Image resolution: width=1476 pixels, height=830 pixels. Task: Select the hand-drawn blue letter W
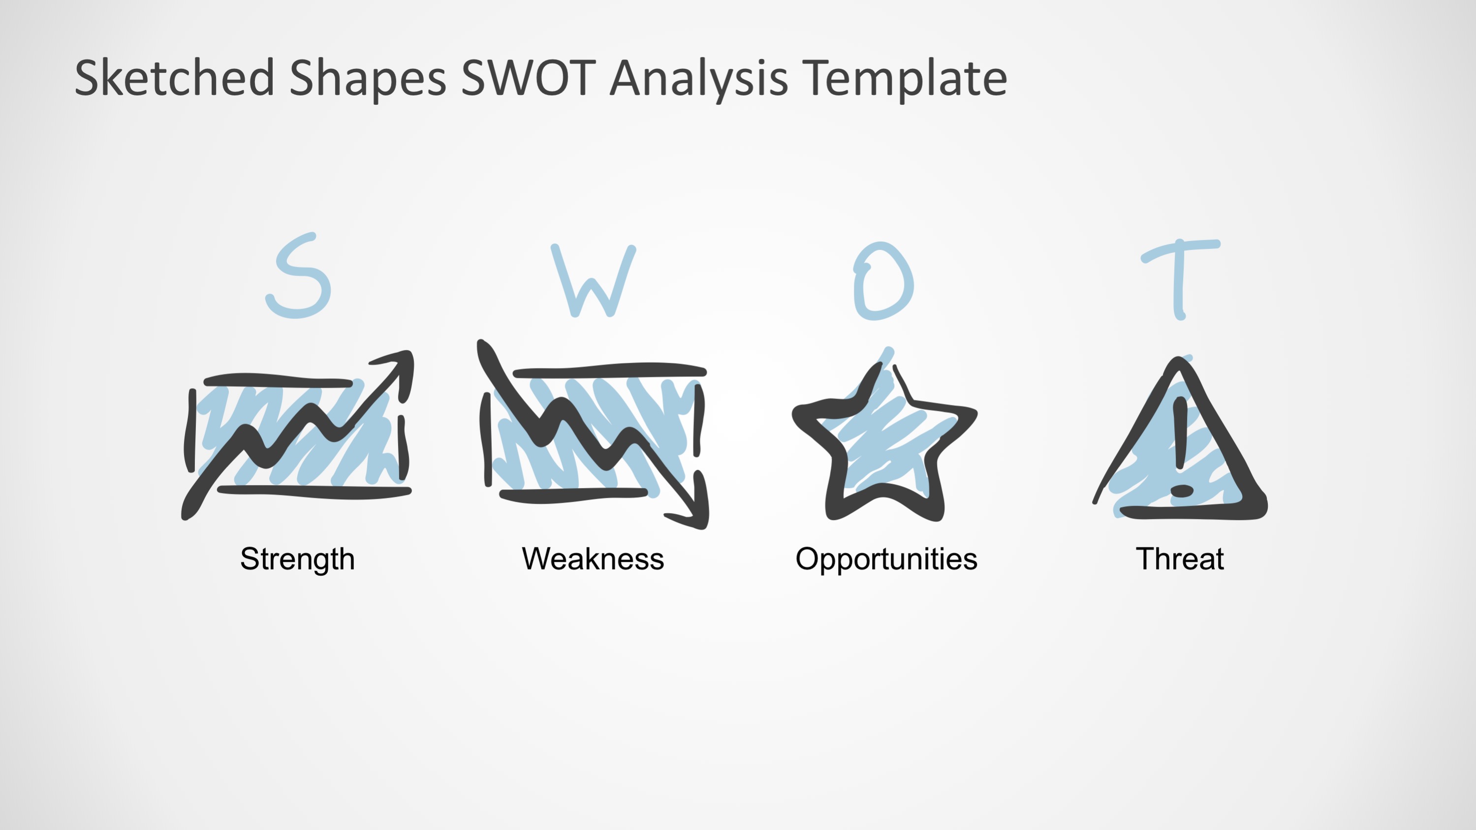click(594, 280)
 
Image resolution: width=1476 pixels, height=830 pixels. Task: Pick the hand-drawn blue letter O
click(883, 280)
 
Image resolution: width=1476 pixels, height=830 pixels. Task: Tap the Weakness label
click(593, 558)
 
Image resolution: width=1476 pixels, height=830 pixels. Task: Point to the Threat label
click(1180, 558)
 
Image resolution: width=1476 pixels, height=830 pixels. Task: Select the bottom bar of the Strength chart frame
click(314, 492)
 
